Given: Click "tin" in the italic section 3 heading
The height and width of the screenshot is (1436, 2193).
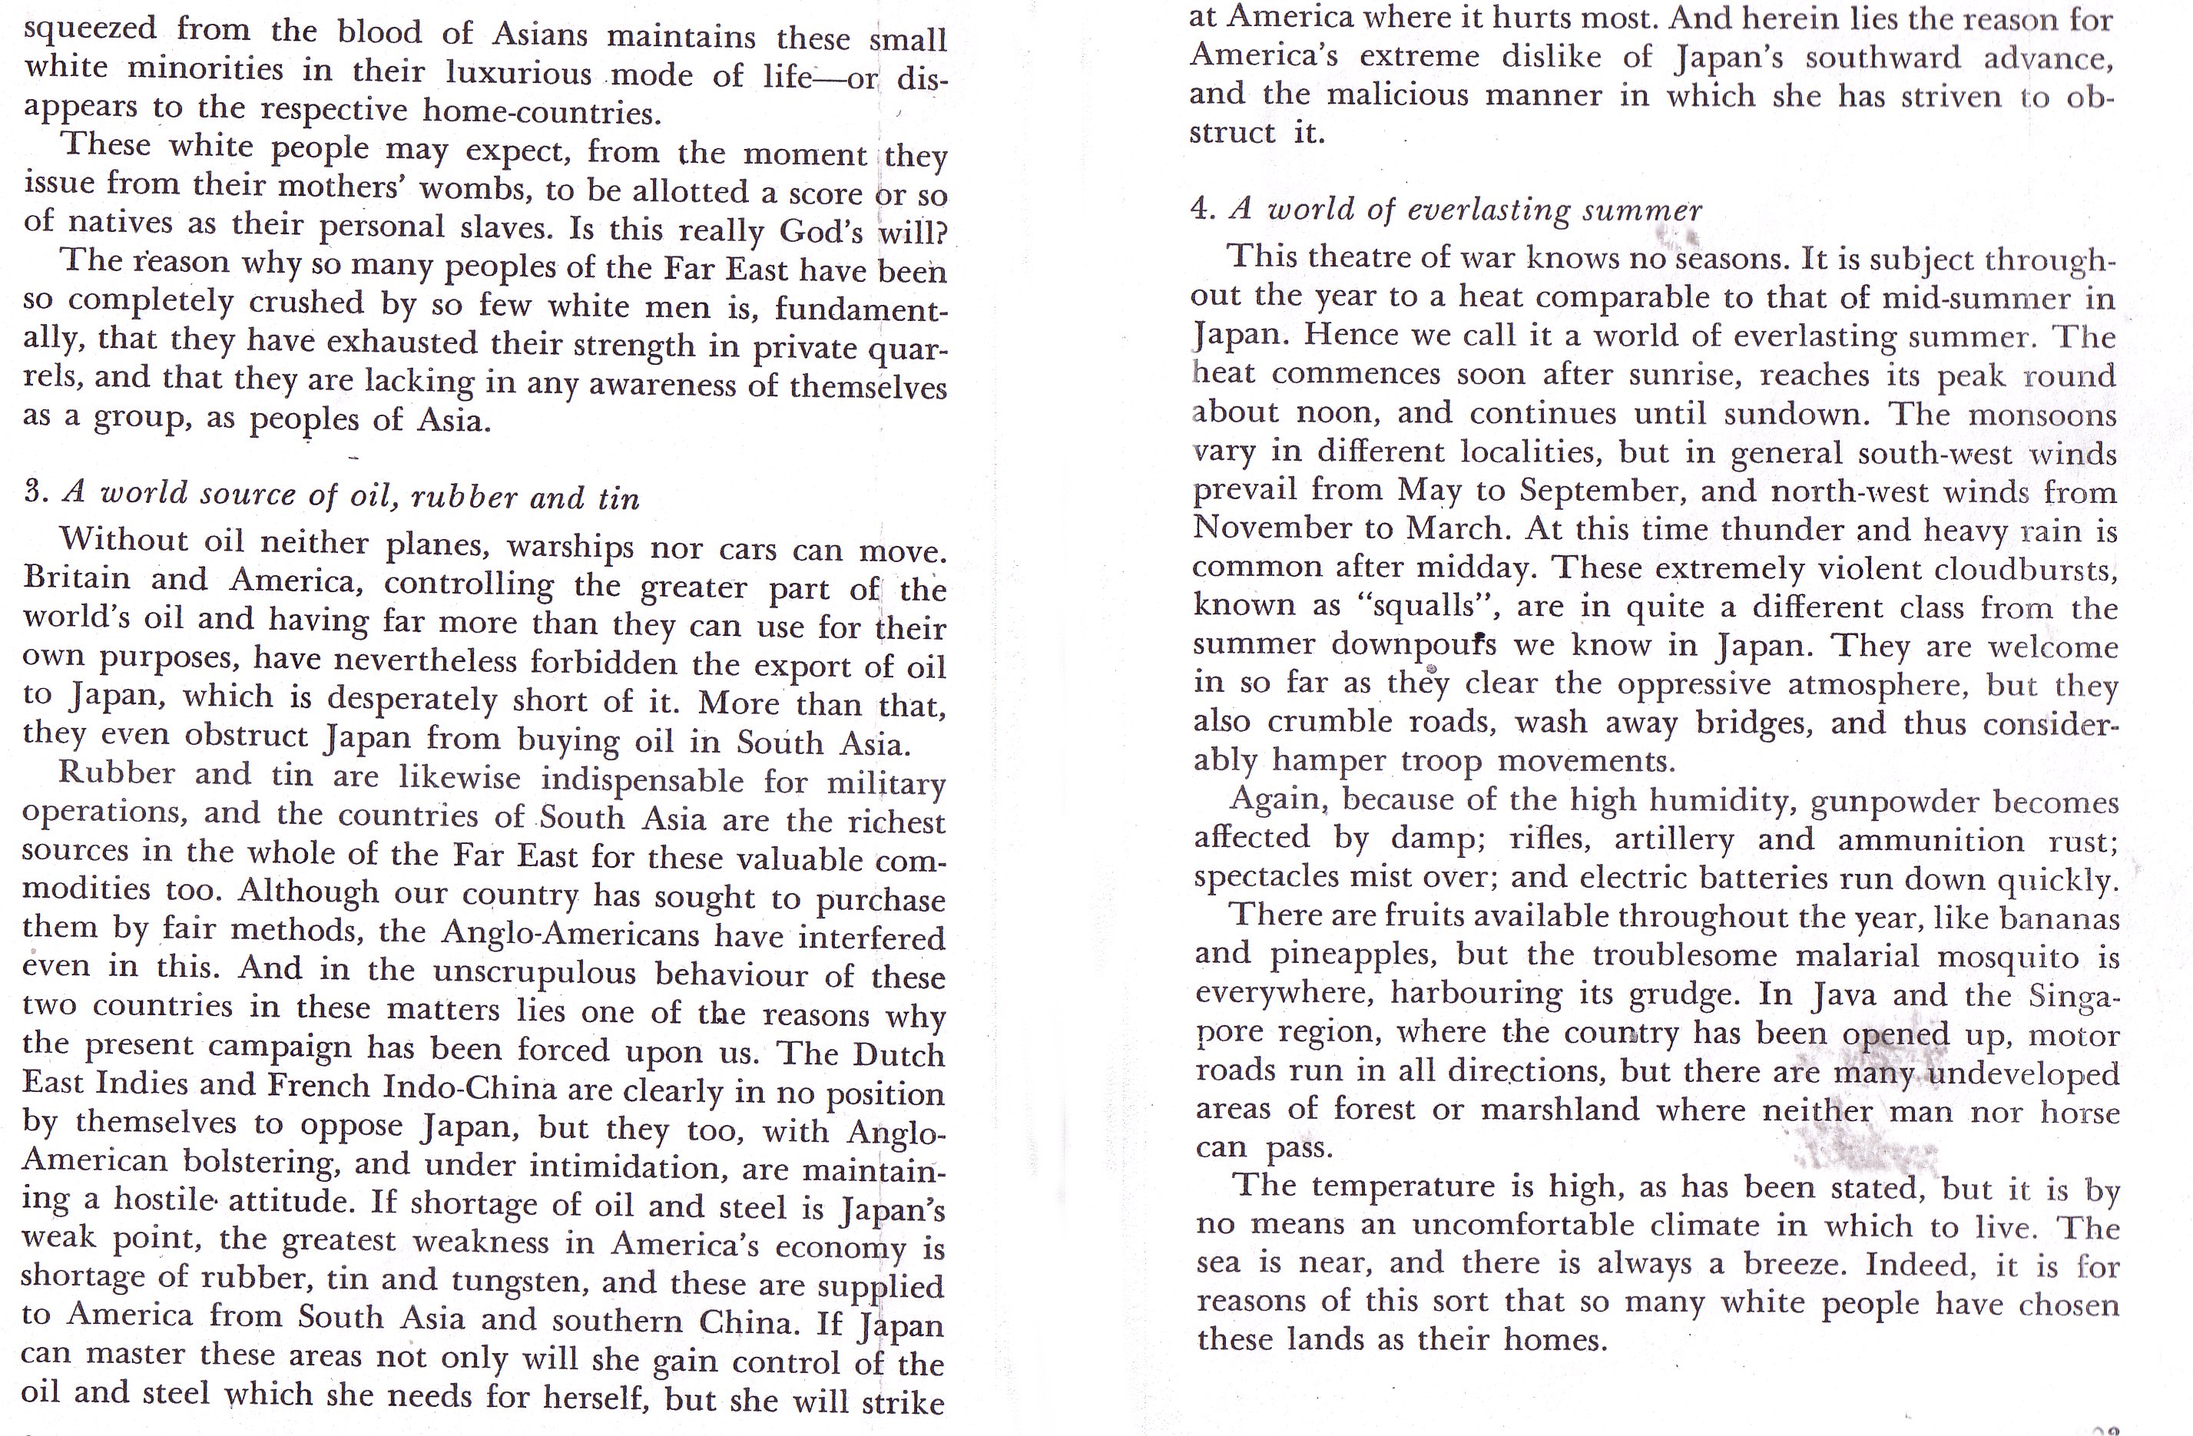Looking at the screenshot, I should pos(618,498).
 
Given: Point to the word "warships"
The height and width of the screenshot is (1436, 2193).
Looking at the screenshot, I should pos(571,546).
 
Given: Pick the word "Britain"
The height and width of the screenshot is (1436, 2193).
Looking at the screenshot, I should pos(78,578).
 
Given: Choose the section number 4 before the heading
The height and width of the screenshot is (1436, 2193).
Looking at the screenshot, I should pos(1201,209).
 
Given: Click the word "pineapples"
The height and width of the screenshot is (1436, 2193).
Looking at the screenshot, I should pos(1349,955).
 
